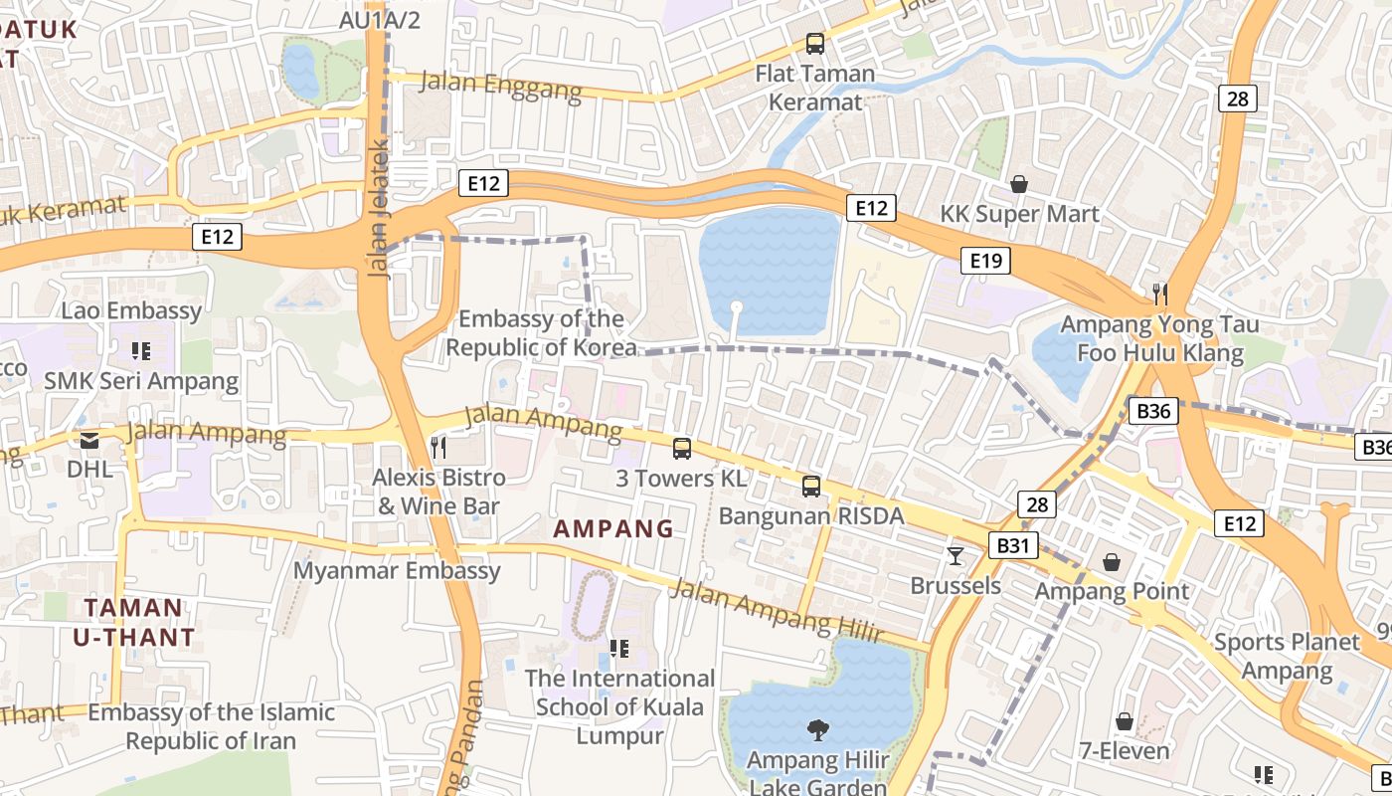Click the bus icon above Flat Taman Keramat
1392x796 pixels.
pos(814,43)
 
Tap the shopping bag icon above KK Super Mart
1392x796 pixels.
pos(1019,184)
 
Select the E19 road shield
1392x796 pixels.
pos(985,261)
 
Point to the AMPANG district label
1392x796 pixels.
pos(613,529)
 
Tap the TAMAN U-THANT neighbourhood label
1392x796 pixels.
pos(134,622)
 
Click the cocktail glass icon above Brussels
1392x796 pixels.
pos(956,555)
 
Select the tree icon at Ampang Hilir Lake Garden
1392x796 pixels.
pos(818,731)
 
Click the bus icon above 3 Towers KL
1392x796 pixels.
pos(681,448)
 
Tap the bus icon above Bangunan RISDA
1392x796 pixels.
pos(811,486)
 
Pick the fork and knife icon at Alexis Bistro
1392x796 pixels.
pos(438,448)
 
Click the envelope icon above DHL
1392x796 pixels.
pos(89,440)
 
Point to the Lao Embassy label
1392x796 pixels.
pos(131,310)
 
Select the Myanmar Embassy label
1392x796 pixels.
pos(397,571)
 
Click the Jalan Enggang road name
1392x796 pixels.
pos(501,85)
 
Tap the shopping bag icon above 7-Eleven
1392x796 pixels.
pos(1125,720)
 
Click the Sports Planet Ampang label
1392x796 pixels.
pos(1286,657)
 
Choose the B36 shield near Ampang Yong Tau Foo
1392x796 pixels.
pos(1153,411)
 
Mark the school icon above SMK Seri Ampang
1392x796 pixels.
pos(140,350)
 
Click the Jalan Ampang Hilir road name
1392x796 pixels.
pos(776,611)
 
